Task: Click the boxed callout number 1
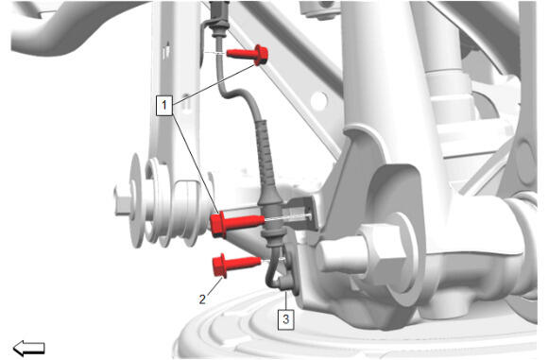(163, 105)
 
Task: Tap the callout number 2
(202, 300)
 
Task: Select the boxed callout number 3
(286, 319)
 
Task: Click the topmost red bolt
(248, 55)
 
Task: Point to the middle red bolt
(237, 224)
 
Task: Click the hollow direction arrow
(28, 348)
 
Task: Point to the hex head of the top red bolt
(261, 55)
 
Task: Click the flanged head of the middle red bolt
(217, 225)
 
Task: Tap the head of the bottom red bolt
(219, 266)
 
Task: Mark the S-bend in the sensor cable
(235, 94)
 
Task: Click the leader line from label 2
(214, 285)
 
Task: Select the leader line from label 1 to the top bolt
(215, 84)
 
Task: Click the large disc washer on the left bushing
(137, 200)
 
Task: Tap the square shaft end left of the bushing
(122, 201)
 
